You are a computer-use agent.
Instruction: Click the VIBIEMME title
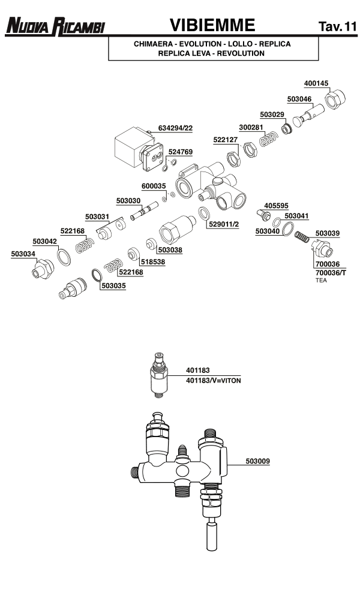(x=212, y=25)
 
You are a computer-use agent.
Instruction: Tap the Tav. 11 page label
(x=338, y=26)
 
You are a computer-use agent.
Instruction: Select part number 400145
(x=316, y=83)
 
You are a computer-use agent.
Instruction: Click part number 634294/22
(x=175, y=128)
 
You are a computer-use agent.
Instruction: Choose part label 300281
(x=251, y=127)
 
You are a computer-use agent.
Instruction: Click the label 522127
(x=226, y=140)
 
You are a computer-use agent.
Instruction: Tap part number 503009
(x=257, y=461)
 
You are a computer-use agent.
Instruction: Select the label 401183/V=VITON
(x=213, y=381)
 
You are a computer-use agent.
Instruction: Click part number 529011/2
(x=223, y=224)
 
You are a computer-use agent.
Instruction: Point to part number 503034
(x=23, y=254)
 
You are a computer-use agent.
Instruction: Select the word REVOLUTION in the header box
(x=241, y=53)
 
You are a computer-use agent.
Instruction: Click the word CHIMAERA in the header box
(x=154, y=44)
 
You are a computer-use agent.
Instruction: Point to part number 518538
(x=153, y=261)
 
